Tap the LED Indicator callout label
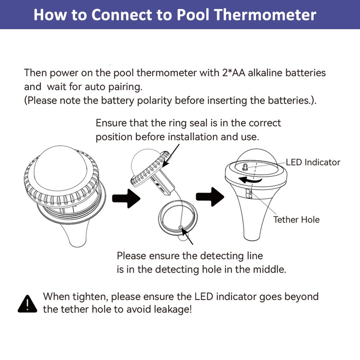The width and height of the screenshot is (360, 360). coord(313,162)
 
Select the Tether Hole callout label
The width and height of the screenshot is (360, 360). coord(297,220)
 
